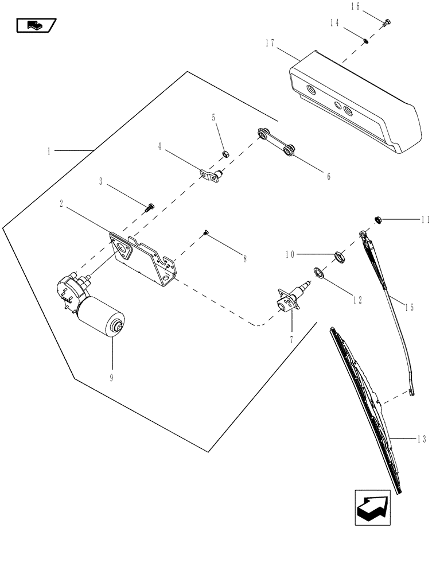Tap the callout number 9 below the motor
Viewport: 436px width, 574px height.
click(x=112, y=377)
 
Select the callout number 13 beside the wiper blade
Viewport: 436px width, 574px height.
click(x=422, y=440)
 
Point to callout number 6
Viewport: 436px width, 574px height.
click(x=329, y=176)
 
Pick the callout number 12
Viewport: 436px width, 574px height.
click(x=357, y=300)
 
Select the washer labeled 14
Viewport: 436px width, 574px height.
click(x=366, y=40)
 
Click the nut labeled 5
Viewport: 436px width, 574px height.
click(x=226, y=153)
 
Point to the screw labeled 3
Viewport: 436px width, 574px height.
click(x=151, y=206)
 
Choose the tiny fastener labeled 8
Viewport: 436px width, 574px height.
click(x=205, y=232)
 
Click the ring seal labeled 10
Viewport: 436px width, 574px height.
click(x=338, y=256)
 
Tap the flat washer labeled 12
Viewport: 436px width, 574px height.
click(x=317, y=272)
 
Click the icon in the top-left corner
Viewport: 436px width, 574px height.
click(x=35, y=25)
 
